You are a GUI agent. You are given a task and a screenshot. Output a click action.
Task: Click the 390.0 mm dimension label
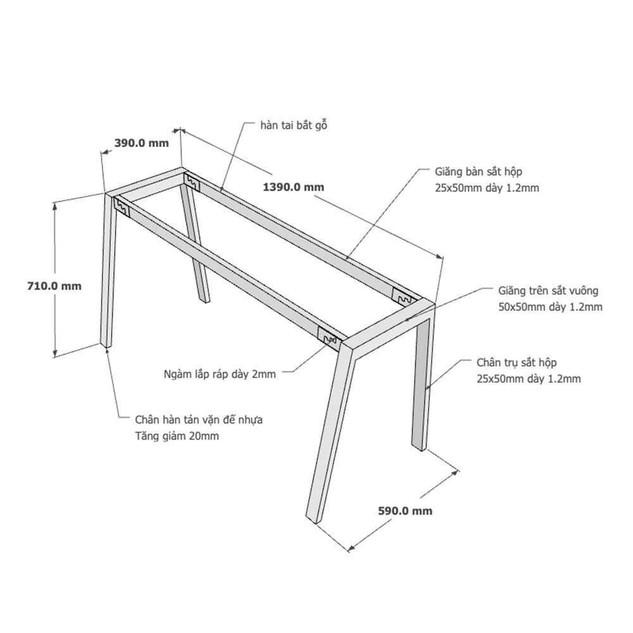pos(141,143)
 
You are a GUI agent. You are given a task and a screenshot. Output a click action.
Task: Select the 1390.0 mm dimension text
pos(294,187)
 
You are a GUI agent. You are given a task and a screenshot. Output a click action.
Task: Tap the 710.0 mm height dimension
pos(54,286)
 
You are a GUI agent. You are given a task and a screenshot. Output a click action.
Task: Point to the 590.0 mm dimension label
pos(405,511)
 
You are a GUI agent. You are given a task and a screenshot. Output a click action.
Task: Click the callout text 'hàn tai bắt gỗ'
pos(294,125)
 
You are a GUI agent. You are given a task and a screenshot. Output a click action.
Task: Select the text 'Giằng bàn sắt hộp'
pos(479,172)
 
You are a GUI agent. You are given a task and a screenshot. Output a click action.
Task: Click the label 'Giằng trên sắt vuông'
pos(548,291)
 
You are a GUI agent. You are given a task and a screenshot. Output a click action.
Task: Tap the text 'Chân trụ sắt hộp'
pos(517,363)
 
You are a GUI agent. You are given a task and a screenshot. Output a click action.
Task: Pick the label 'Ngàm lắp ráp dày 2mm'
pos(220,374)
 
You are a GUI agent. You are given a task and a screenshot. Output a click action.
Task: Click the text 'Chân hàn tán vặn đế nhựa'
pos(199,420)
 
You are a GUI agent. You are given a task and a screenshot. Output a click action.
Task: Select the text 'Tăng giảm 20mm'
pos(177,436)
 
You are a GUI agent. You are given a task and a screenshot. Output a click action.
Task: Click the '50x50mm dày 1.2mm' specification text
pos(550,307)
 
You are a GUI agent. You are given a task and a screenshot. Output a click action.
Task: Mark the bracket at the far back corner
pos(404,298)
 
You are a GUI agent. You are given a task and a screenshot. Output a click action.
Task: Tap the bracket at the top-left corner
pos(122,207)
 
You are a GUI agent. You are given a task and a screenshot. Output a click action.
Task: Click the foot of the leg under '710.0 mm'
pos(106,344)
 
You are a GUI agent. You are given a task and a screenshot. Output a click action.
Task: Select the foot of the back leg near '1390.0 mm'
pos(204,299)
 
